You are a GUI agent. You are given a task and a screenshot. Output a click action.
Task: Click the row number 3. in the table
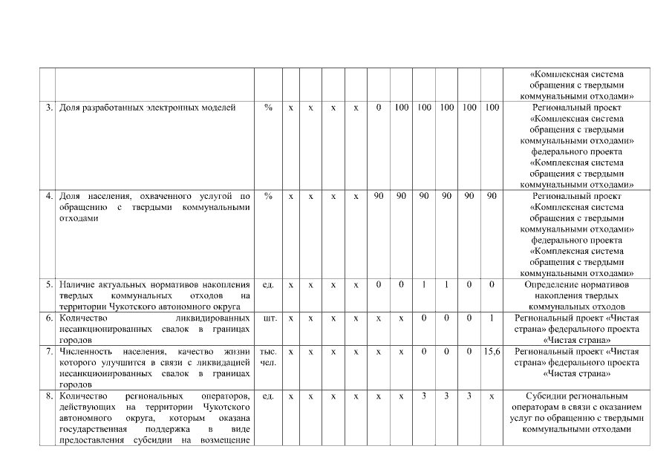(x=48, y=108)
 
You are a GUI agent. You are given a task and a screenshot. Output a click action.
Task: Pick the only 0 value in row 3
(x=378, y=108)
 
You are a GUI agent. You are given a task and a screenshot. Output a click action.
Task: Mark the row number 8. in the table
(x=48, y=396)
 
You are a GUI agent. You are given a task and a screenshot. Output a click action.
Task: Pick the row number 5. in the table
(x=48, y=284)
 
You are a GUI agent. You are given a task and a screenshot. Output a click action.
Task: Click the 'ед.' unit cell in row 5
(x=268, y=284)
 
